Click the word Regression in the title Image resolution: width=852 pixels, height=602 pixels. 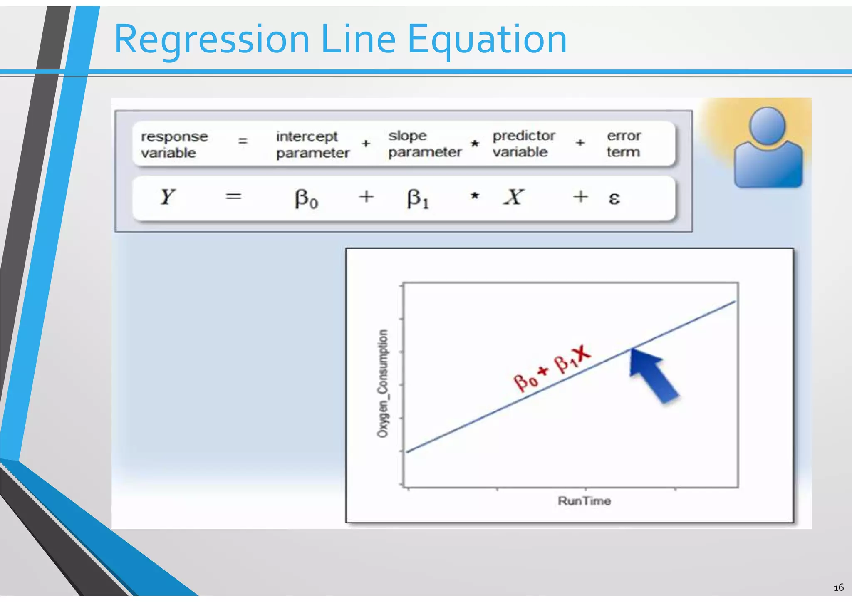[x=211, y=40]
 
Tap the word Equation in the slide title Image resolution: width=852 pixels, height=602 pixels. [x=487, y=40]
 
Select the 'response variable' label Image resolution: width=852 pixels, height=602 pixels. [x=174, y=144]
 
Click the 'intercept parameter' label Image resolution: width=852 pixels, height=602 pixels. [x=312, y=144]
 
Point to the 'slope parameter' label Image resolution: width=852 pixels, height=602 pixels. [x=424, y=144]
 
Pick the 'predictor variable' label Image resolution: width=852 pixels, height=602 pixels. [x=523, y=144]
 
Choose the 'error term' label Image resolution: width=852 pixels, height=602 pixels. [x=623, y=144]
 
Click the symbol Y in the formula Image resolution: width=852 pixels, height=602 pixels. [x=167, y=197]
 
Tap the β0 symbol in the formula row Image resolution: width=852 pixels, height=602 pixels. [x=306, y=198]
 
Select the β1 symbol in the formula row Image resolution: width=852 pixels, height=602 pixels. [x=417, y=198]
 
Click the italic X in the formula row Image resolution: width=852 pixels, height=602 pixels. [x=514, y=197]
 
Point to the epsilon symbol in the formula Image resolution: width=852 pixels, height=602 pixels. [x=614, y=198]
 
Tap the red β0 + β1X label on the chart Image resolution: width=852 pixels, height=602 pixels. [x=552, y=369]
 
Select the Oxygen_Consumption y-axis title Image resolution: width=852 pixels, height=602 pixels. [x=383, y=384]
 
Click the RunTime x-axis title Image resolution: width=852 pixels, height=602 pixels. [x=584, y=501]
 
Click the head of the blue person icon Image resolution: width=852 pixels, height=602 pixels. [x=767, y=125]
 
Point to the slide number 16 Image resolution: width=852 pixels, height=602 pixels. [x=838, y=587]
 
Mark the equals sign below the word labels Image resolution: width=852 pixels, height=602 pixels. [x=233, y=196]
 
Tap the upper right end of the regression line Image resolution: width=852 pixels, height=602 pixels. [x=735, y=302]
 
